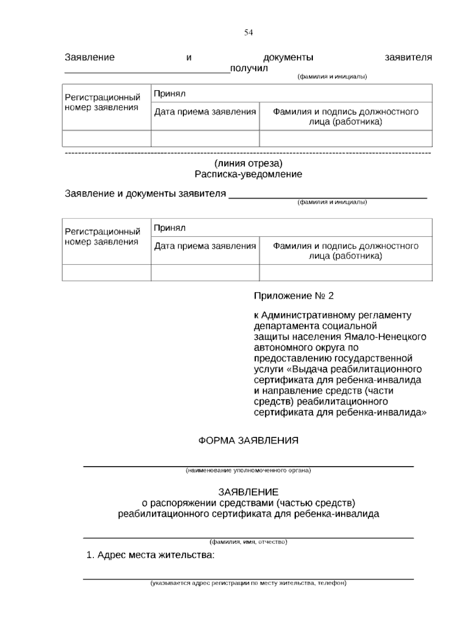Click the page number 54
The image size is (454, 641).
tap(248, 33)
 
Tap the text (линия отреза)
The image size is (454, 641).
tap(248, 163)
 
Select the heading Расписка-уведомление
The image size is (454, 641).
tap(248, 174)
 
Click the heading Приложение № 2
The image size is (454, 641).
tap(294, 296)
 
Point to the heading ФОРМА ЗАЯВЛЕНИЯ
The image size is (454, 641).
tap(248, 440)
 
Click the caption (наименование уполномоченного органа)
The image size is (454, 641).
tap(248, 471)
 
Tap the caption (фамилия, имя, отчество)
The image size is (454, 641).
tap(248, 542)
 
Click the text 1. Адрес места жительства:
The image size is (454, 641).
tap(151, 555)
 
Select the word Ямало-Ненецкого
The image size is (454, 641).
tap(385, 337)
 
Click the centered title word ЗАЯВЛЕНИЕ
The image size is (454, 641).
tap(248, 492)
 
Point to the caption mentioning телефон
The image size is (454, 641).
tap(248, 583)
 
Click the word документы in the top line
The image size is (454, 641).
tap(288, 57)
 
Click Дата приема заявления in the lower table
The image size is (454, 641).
tap(205, 246)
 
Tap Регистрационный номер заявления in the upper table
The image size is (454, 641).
tap(103, 102)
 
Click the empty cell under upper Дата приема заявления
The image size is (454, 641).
tap(205, 139)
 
